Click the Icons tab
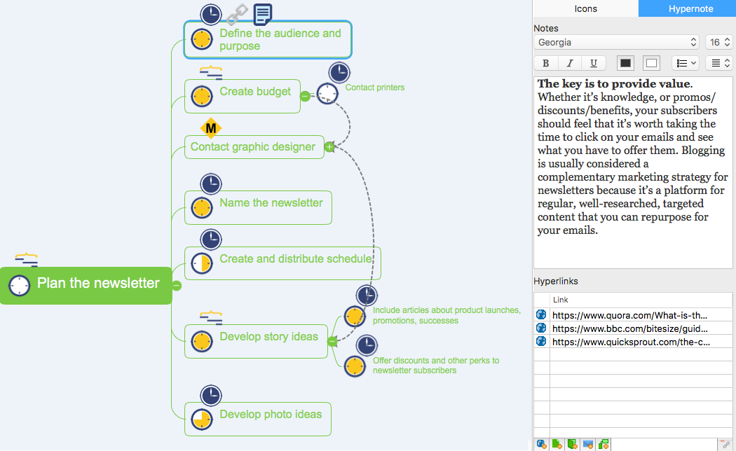[585, 8]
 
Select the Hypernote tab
[690, 8]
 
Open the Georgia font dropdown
[616, 42]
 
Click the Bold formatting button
[546, 63]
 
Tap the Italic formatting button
[570, 63]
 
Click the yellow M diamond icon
[211, 128]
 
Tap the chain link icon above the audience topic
[237, 14]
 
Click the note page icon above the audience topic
[262, 14]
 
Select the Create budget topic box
[243, 96]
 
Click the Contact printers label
[374, 88]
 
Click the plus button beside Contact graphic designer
[329, 147]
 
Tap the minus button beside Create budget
[305, 96]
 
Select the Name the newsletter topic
[258, 208]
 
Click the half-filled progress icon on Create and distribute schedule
[202, 263]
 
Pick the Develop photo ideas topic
[258, 419]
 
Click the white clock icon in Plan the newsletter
[19, 285]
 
